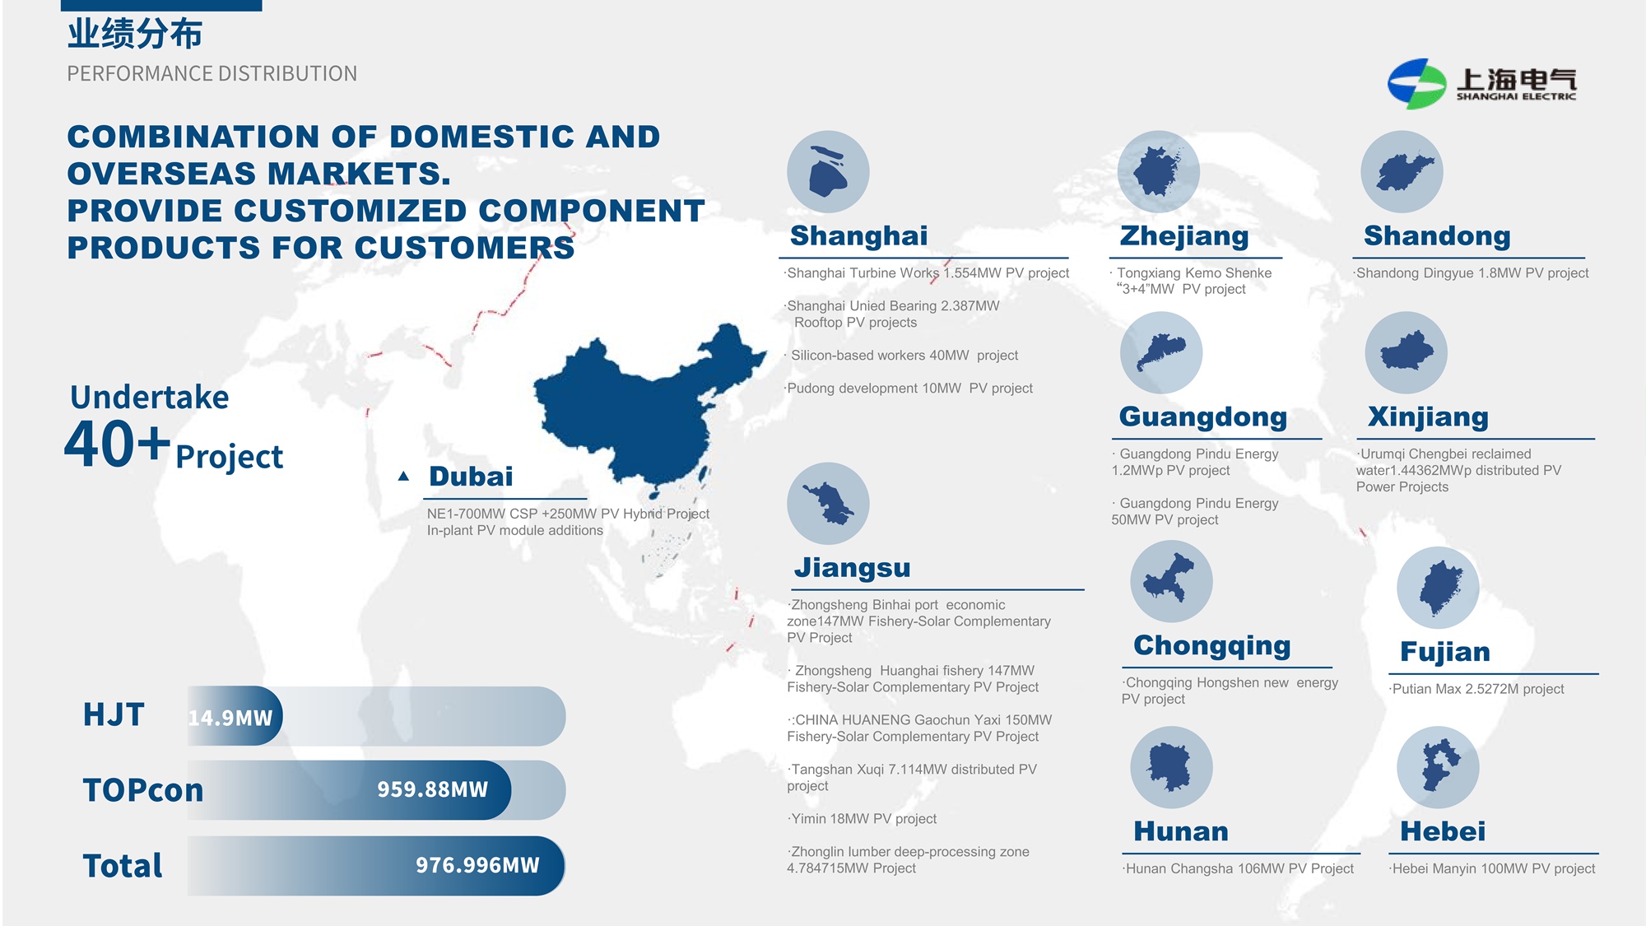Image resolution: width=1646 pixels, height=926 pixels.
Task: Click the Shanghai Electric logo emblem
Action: click(1416, 83)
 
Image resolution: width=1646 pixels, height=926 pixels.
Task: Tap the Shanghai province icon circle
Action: click(828, 172)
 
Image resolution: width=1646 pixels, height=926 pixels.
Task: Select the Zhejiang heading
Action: click(1184, 236)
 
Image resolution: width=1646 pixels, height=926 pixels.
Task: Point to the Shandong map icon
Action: click(1402, 172)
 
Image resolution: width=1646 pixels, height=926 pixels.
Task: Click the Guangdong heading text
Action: click(1202, 417)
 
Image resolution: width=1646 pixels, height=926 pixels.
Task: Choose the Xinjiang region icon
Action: click(1406, 353)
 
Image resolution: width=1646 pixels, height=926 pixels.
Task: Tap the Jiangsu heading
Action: click(852, 568)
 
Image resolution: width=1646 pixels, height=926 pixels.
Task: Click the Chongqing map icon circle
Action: click(1171, 581)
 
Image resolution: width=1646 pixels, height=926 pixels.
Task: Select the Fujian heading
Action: click(1445, 652)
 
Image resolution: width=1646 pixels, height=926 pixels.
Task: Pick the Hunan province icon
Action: click(1171, 767)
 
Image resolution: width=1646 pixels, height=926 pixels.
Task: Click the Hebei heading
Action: click(1443, 831)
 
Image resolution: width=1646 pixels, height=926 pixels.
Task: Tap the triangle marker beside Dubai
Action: click(403, 476)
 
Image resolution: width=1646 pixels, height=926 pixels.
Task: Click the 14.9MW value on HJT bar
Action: click(230, 718)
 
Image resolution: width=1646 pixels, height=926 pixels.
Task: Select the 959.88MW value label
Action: click(432, 789)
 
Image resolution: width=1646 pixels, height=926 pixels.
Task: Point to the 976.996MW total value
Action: click(477, 865)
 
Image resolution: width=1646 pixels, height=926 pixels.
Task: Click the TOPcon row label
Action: click(142, 790)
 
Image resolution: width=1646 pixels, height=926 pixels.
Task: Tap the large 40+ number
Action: click(117, 444)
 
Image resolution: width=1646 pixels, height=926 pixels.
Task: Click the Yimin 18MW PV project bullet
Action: click(862, 819)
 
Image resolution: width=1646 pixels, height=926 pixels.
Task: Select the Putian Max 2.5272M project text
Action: click(1476, 689)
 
